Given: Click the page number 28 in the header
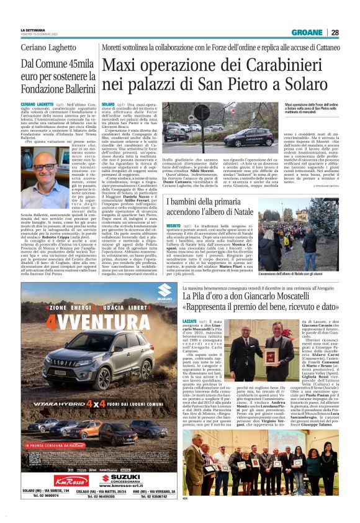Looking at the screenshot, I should point(335,32).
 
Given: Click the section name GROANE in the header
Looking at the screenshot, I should point(308,32).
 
